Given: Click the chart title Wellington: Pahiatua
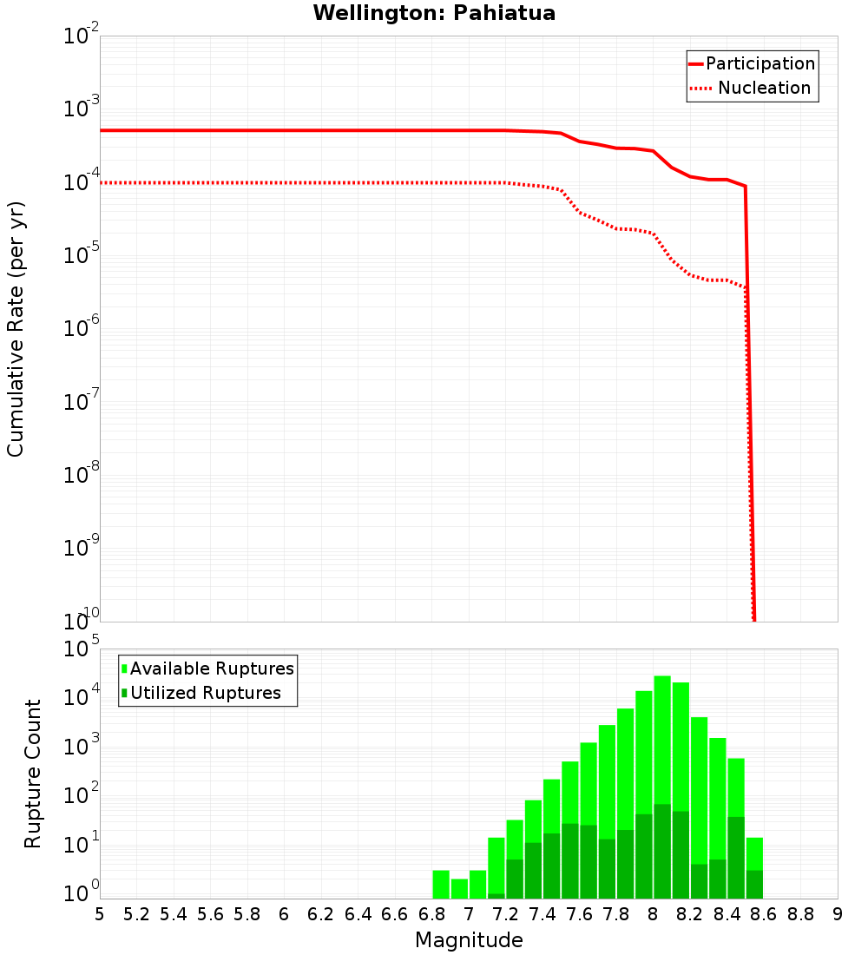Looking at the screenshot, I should (x=434, y=13).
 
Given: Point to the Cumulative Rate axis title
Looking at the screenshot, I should (x=16, y=329).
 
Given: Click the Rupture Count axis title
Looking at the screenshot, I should (x=33, y=774).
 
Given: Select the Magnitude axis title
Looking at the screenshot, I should (x=469, y=940).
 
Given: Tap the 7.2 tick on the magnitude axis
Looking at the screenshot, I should (x=505, y=914).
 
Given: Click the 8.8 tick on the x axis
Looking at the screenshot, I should (x=800, y=914).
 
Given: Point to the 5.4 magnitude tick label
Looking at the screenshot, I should (x=174, y=914).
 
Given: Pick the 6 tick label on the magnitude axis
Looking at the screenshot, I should (x=284, y=914).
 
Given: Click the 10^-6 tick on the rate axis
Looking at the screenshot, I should (x=82, y=328).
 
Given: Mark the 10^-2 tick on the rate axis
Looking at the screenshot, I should (x=82, y=36).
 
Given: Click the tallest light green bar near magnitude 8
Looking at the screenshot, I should (x=662, y=738).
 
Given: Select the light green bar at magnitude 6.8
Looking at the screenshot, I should (x=441, y=884).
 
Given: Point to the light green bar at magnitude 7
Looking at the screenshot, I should (x=477, y=884).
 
